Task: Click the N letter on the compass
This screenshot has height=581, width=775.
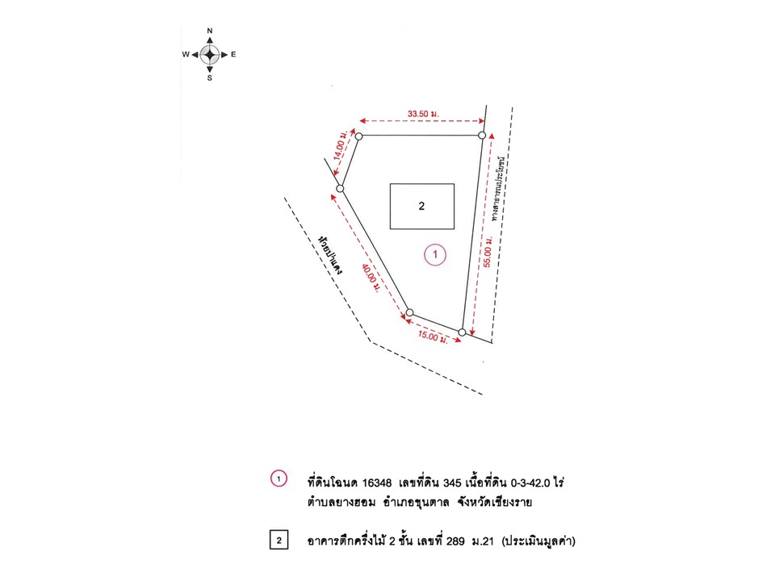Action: pyautogui.click(x=210, y=31)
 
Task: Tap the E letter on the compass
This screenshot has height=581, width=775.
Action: pyautogui.click(x=233, y=54)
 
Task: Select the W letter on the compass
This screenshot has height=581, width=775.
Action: pyautogui.click(x=186, y=54)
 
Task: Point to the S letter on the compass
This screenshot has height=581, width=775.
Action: pyautogui.click(x=210, y=78)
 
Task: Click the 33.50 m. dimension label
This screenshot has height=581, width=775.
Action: pyautogui.click(x=423, y=114)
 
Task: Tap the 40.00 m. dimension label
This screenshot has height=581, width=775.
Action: pyautogui.click(x=371, y=278)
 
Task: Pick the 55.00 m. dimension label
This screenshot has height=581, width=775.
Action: pyautogui.click(x=488, y=252)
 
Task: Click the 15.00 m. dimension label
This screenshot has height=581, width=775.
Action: pyautogui.click(x=433, y=337)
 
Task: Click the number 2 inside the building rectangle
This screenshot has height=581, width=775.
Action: pyautogui.click(x=421, y=206)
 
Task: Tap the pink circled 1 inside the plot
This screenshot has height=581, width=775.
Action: pyautogui.click(x=435, y=255)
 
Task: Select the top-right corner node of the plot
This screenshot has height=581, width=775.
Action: pyautogui.click(x=482, y=136)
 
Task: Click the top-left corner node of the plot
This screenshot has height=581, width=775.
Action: pyautogui.click(x=358, y=136)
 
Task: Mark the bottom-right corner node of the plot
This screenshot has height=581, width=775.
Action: pyautogui.click(x=462, y=332)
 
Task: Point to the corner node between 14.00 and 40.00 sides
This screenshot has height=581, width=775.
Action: pyautogui.click(x=340, y=189)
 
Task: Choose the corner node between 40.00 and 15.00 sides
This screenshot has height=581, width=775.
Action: pyautogui.click(x=409, y=313)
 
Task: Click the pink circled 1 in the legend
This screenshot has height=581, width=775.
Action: pyautogui.click(x=279, y=479)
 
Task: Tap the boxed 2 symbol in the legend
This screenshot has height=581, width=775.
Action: pyautogui.click(x=279, y=540)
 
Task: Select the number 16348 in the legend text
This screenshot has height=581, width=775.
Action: pyautogui.click(x=377, y=483)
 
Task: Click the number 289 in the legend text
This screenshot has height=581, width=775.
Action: pyautogui.click(x=455, y=541)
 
